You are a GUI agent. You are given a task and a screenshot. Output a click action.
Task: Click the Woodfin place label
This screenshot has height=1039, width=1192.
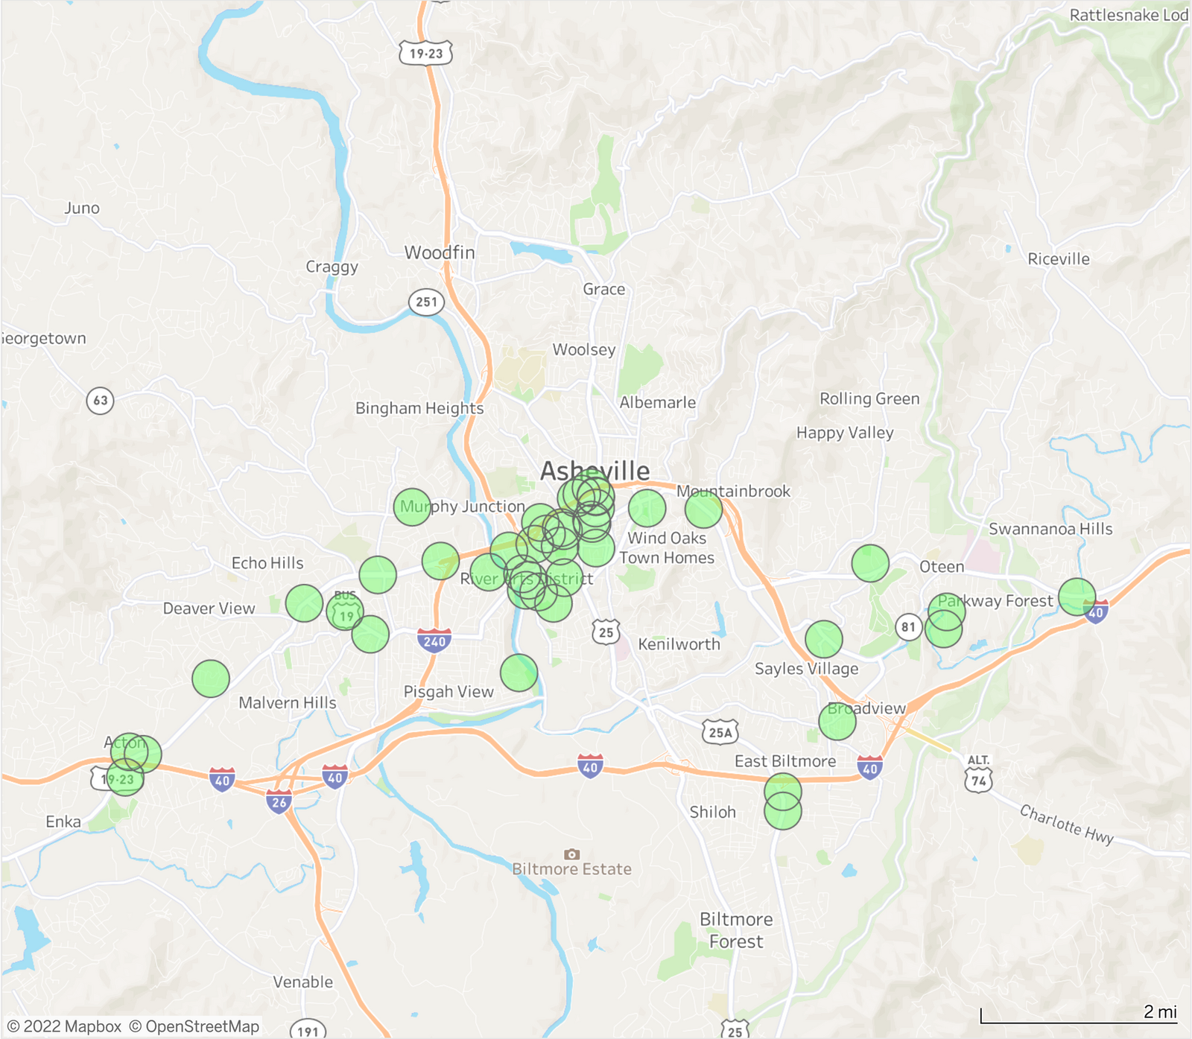point(440,252)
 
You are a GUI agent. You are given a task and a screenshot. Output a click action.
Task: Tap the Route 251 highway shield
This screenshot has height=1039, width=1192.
point(426,302)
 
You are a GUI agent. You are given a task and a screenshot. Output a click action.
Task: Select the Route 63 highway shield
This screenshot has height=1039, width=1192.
point(101,401)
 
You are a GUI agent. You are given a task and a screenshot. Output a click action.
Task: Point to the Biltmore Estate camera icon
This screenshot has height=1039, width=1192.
point(571,854)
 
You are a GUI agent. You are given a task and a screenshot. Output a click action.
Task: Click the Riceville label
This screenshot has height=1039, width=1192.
point(1058,259)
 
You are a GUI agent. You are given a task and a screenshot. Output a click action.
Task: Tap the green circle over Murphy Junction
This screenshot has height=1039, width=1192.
point(412,507)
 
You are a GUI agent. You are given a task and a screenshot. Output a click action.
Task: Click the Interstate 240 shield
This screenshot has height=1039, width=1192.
point(434,641)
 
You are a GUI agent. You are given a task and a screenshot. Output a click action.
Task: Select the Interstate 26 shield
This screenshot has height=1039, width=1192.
point(279,802)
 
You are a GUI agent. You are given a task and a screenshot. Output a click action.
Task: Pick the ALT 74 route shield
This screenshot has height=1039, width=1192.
point(978,774)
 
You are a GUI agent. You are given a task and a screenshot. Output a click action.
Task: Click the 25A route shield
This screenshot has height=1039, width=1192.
point(720,732)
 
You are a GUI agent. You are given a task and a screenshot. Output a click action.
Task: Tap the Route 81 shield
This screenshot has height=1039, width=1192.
point(908,627)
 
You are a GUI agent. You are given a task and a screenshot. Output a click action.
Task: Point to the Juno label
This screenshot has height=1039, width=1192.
point(82,209)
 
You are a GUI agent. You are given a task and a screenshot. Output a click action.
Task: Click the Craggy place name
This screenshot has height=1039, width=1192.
point(332,267)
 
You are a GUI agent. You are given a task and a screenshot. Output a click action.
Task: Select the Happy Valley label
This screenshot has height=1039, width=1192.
point(845,433)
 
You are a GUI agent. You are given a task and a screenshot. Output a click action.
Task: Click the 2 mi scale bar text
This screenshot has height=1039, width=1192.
point(1160,1011)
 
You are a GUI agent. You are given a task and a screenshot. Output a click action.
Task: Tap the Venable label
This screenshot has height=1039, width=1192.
point(302,982)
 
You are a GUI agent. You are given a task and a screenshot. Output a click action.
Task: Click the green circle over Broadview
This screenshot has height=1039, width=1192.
point(837,720)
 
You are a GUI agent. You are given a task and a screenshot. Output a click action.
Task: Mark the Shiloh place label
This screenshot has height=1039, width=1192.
point(712,812)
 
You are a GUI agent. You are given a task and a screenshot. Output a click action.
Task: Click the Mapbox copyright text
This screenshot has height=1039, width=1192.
point(64,1026)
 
